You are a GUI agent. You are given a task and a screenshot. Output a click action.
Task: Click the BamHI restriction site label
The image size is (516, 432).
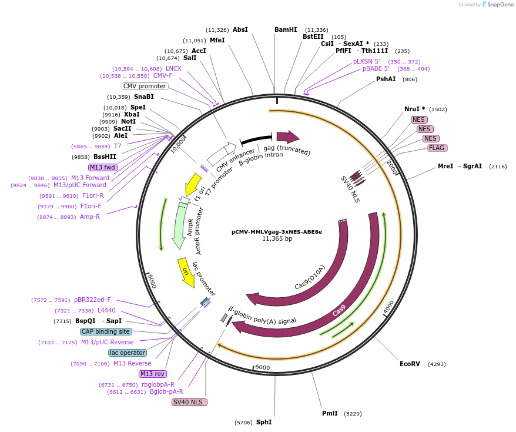(x=286, y=29)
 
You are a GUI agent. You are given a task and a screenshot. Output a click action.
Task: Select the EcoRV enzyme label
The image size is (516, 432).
(x=410, y=364)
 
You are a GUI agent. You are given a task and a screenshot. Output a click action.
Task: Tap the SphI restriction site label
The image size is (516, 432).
(x=264, y=422)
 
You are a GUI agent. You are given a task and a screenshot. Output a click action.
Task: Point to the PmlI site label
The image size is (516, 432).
(x=330, y=413)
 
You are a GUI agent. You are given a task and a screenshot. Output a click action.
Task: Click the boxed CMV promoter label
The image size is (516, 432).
(x=145, y=86)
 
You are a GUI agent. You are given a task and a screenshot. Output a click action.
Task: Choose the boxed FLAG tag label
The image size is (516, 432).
(x=437, y=148)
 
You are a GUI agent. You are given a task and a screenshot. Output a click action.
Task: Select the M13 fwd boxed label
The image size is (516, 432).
(x=102, y=167)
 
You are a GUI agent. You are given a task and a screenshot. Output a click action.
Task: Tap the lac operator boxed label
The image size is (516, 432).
(x=128, y=353)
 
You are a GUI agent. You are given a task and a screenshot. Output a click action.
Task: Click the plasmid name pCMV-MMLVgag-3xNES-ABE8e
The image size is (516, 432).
(x=276, y=231)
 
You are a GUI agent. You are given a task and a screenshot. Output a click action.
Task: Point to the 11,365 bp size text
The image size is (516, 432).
(x=276, y=239)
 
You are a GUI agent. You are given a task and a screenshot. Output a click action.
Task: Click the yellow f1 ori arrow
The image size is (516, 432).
(x=192, y=184)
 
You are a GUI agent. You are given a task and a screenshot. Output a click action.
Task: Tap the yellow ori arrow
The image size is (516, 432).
(x=186, y=273)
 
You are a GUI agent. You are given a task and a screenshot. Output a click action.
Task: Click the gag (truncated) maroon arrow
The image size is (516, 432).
(x=287, y=137)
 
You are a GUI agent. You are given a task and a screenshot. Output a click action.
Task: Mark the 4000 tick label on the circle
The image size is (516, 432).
(x=389, y=307)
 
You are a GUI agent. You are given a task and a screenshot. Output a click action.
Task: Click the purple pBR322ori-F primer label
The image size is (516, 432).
(x=92, y=300)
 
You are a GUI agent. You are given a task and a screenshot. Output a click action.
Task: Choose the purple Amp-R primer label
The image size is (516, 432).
(x=86, y=217)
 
